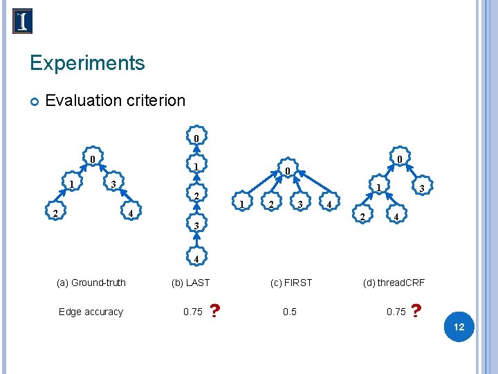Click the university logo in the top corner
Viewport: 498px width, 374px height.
click(x=23, y=21)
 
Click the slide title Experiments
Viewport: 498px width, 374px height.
click(x=87, y=64)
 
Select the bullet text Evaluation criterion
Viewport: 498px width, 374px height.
click(x=115, y=100)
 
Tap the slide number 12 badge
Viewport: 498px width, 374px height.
click(x=459, y=326)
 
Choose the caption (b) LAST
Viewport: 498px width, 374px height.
click(x=190, y=283)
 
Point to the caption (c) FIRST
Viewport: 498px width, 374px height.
click(x=291, y=283)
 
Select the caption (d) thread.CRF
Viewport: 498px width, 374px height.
click(x=394, y=283)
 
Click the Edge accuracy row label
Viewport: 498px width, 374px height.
click(x=91, y=312)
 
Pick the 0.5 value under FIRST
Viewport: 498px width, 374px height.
click(x=290, y=312)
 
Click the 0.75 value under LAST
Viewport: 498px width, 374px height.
click(x=193, y=312)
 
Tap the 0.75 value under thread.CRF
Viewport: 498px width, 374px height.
click(x=396, y=312)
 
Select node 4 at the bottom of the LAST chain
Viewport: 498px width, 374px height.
click(x=196, y=259)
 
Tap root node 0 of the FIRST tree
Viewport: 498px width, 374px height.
click(x=287, y=171)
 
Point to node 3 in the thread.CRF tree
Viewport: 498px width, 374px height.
click(x=422, y=188)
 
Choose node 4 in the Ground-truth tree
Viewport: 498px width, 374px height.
click(x=131, y=212)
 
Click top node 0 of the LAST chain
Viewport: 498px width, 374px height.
click(x=196, y=138)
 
